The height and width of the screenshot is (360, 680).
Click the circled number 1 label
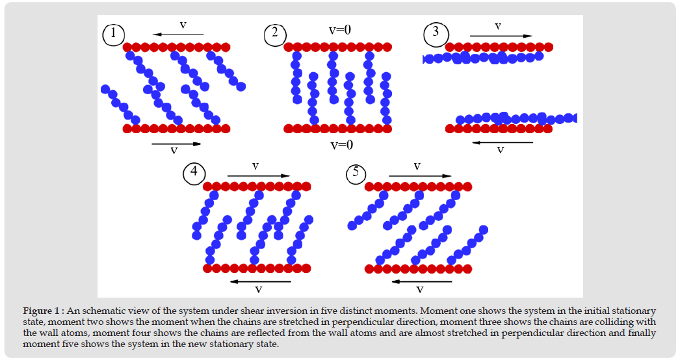point(114,34)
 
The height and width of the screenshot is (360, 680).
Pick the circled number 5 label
point(356,174)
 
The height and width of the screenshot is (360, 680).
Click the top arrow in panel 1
point(176,34)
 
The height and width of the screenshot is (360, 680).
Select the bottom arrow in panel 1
point(176,144)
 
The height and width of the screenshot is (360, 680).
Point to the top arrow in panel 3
point(501,36)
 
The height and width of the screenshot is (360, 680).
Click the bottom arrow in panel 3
point(502,142)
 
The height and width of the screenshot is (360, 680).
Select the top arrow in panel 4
point(259,175)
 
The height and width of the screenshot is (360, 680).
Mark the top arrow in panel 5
point(420,175)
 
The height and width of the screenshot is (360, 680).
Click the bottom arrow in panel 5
point(422,282)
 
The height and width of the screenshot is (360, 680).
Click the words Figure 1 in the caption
point(41,311)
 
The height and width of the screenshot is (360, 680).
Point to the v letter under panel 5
point(420,290)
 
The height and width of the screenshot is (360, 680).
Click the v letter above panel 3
point(498,27)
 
